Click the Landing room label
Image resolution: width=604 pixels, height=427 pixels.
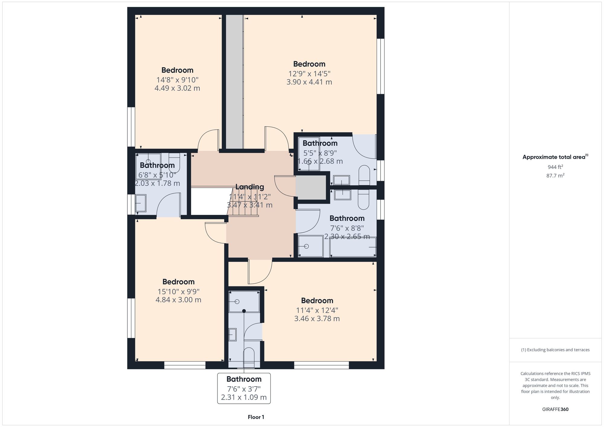pyautogui.click(x=249, y=187)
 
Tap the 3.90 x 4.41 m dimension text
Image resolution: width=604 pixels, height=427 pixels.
pyautogui.click(x=309, y=82)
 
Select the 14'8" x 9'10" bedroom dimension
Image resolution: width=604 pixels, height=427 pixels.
pyautogui.click(x=177, y=80)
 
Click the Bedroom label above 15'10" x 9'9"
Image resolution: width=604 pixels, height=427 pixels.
pyautogui.click(x=178, y=282)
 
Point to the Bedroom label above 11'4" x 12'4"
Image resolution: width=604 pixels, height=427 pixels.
pyautogui.click(x=317, y=301)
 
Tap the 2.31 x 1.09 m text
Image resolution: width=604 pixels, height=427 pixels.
pyautogui.click(x=244, y=397)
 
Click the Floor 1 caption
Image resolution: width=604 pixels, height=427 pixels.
pyautogui.click(x=256, y=417)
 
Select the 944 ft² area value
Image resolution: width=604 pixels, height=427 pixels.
pyautogui.click(x=555, y=167)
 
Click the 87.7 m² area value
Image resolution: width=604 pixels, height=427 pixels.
pyautogui.click(x=555, y=176)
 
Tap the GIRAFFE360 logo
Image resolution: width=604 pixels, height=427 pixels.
pyautogui.click(x=555, y=409)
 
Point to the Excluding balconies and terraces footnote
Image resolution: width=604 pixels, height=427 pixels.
pyautogui.click(x=555, y=350)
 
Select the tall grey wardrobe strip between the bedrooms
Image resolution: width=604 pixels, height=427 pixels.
pyautogui.click(x=235, y=81)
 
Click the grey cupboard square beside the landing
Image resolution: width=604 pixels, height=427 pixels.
pyautogui.click(x=311, y=188)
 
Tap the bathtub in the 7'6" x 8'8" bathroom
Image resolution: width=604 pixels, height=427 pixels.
pyautogui.click(x=353, y=247)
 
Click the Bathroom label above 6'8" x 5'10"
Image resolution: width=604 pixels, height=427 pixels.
pyautogui.click(x=157, y=165)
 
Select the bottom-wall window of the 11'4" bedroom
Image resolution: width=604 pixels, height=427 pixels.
pyautogui.click(x=321, y=365)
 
